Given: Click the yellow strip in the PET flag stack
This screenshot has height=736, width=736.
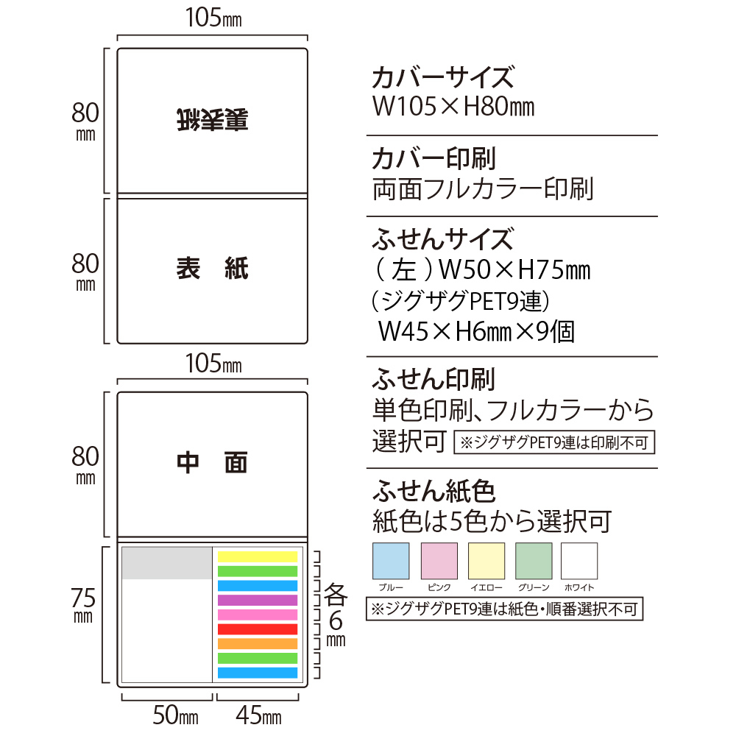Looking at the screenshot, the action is [257, 556].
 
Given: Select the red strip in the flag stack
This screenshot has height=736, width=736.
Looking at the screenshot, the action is [257, 629].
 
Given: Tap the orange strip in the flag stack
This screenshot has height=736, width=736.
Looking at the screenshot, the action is [257, 643].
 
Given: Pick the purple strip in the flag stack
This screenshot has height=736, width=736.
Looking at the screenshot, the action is [257, 600].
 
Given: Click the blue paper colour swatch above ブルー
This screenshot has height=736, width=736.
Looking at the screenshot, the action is [391, 561].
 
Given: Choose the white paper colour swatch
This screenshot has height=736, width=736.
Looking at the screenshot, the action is [579, 561].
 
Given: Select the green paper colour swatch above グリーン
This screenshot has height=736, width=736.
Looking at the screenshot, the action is [534, 561].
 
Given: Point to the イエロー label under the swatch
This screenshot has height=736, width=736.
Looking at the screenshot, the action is [486, 587].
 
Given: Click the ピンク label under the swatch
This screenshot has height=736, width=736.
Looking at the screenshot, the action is [439, 587].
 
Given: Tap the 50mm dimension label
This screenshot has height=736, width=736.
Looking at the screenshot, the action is [176, 715].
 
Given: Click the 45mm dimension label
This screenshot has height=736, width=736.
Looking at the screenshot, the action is [258, 715].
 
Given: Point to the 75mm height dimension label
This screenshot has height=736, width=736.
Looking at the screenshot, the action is [84, 605].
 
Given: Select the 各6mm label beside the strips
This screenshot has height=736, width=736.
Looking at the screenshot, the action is [336, 615].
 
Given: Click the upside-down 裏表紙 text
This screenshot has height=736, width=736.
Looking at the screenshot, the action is [213, 120].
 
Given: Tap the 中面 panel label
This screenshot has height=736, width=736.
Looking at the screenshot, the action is [212, 463].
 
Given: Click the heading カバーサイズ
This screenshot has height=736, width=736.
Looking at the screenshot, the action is [443, 77].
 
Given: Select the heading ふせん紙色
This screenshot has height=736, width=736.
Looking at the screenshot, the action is [434, 491].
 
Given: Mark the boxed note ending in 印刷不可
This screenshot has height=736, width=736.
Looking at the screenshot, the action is [554, 442].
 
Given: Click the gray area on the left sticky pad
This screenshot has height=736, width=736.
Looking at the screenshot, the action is [166, 563].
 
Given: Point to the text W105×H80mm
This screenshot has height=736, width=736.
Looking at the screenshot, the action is [453, 107].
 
